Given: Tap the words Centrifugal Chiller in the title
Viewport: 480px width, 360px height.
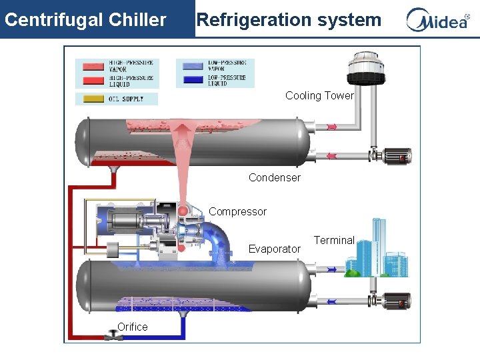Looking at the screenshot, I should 85,19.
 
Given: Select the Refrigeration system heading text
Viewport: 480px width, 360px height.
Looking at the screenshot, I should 289,19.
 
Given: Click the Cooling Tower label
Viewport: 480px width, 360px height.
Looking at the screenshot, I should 319,95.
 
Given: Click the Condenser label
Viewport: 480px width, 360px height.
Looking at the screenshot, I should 274,177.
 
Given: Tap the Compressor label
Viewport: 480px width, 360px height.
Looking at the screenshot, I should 237,211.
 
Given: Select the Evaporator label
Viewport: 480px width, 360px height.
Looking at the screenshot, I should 274,249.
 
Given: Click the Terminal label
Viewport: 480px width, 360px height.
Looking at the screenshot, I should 334,240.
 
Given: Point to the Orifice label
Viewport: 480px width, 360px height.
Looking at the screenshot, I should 132,327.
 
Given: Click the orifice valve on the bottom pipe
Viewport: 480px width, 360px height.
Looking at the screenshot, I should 113,337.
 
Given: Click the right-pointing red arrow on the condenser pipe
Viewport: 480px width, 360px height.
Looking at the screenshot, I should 331,127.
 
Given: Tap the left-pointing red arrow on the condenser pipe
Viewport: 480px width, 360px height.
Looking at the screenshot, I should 331,156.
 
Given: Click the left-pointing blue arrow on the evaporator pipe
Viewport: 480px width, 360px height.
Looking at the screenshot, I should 331,301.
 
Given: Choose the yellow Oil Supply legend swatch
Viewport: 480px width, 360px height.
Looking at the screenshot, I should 92,99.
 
